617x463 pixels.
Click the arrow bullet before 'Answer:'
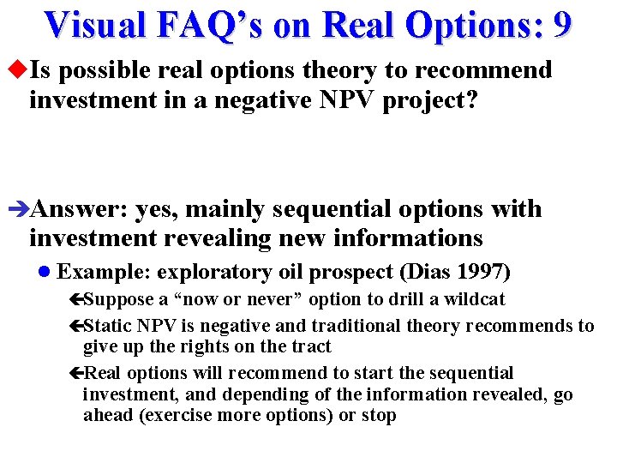[20, 209]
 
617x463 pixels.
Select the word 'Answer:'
[80, 209]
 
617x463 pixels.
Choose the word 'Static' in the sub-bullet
[108, 326]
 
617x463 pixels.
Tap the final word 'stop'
[379, 416]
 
